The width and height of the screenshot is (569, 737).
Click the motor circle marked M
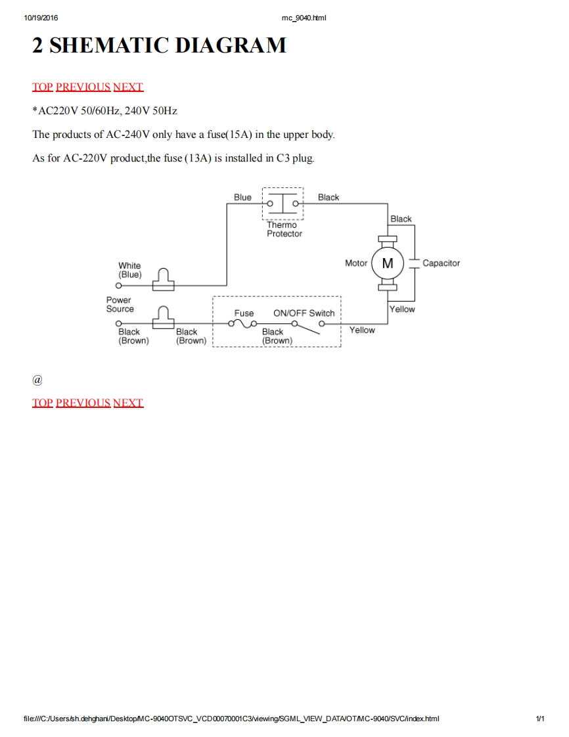coord(388,263)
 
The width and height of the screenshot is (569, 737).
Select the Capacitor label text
coord(441,263)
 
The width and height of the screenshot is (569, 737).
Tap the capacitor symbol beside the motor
coord(414,263)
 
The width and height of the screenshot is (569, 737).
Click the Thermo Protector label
coord(284,229)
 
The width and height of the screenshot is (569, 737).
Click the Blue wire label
coord(242,197)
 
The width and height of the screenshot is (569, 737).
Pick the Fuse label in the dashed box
coord(244,313)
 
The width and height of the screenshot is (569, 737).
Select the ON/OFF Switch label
coord(304,313)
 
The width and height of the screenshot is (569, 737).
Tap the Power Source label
coord(120,304)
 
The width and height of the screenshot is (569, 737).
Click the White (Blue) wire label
coord(129,270)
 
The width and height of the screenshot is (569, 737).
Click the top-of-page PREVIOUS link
coord(83,87)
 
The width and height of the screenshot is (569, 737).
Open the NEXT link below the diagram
coord(128,403)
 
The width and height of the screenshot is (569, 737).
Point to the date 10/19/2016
coord(41,18)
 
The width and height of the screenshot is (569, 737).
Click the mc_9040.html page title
coord(304,18)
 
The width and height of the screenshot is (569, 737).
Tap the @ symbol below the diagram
coord(37,380)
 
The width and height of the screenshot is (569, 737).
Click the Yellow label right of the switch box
coord(362,330)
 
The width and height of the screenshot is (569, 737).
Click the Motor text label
coord(356,263)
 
